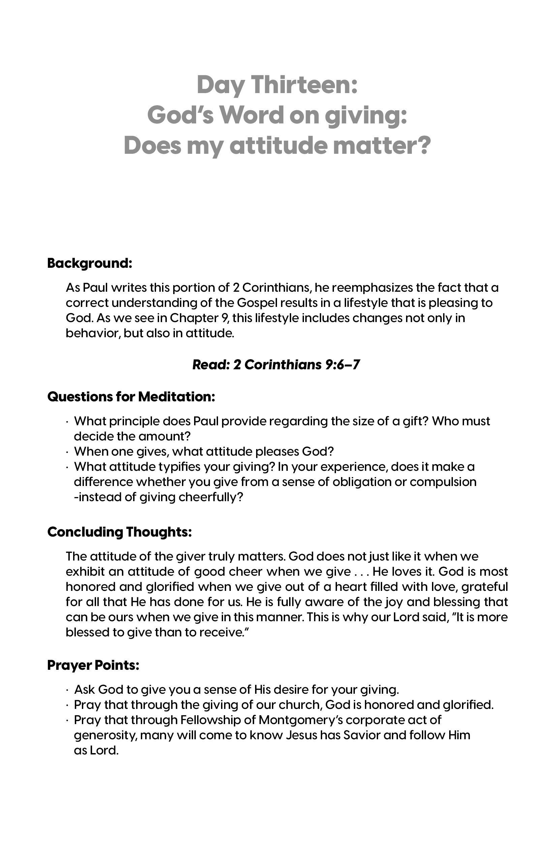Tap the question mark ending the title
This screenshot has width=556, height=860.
423,145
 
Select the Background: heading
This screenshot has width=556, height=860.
90,263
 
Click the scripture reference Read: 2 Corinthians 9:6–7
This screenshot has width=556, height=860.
276,365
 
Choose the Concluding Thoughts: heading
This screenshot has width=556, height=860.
119,532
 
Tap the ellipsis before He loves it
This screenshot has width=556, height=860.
361,572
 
